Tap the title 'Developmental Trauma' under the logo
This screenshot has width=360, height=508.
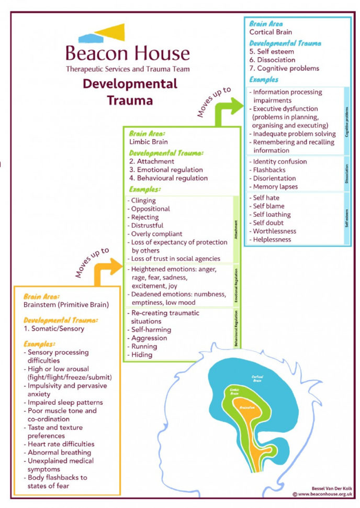point(130,91)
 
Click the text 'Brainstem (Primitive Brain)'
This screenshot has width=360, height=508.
point(65,304)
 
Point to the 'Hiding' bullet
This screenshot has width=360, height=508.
point(142,355)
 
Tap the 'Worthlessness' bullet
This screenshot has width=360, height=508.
point(274,231)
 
